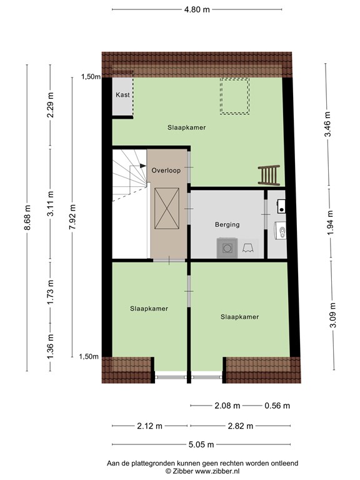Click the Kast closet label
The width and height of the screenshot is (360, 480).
(x=122, y=95)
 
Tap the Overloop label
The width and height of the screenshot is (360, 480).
(x=166, y=171)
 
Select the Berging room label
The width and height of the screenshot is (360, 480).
(x=227, y=225)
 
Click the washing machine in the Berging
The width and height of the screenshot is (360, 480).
(x=227, y=248)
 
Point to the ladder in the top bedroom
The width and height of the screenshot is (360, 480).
(x=269, y=176)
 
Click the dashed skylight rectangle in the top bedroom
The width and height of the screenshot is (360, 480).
(x=234, y=96)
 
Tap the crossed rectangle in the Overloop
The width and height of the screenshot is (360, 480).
(x=167, y=209)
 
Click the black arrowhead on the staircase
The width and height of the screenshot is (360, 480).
(x=143, y=166)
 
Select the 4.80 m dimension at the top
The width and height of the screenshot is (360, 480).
(x=197, y=10)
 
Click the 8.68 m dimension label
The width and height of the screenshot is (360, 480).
(x=28, y=217)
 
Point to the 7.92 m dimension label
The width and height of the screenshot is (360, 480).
(x=72, y=217)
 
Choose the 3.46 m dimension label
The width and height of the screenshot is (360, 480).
(x=328, y=124)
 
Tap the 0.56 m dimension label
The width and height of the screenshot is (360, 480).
(x=277, y=406)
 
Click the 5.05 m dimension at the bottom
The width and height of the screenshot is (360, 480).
(x=201, y=444)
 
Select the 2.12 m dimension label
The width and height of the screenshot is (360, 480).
(x=150, y=426)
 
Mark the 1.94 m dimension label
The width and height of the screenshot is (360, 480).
(x=330, y=222)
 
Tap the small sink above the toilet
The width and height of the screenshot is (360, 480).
(x=281, y=206)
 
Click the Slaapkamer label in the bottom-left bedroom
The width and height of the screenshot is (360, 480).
(x=149, y=309)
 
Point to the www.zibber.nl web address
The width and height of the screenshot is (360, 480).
(x=217, y=471)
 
